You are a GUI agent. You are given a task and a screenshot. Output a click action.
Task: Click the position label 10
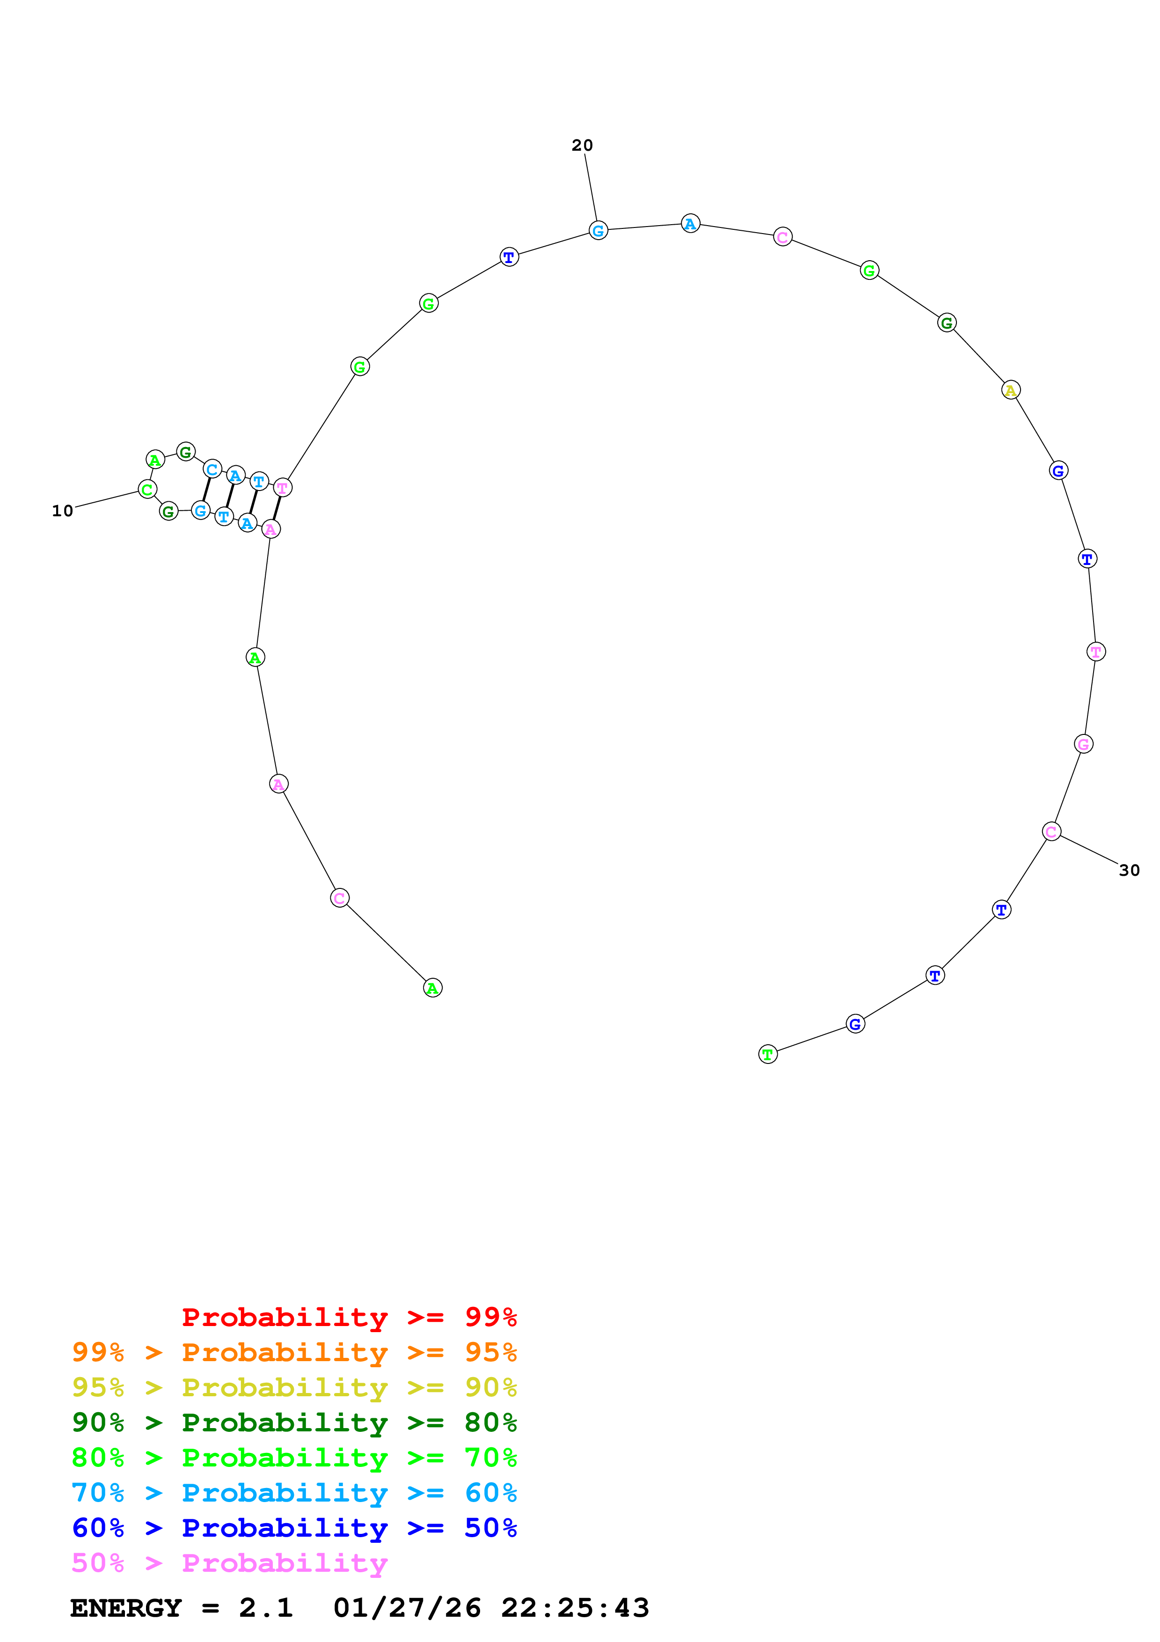point(62,511)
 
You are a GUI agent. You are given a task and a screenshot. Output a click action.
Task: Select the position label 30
point(1129,870)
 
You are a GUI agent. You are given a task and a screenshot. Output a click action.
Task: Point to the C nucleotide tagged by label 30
point(1051,832)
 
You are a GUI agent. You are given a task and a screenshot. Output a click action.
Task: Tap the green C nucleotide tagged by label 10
point(147,490)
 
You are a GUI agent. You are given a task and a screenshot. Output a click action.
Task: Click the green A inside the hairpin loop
point(155,460)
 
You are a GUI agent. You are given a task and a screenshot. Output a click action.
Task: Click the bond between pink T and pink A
point(277,508)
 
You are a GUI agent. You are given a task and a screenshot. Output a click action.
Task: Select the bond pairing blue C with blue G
point(206,490)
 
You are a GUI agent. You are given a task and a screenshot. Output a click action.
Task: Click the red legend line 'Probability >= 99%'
point(349,1317)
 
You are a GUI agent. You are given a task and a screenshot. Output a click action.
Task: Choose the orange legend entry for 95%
point(294,1352)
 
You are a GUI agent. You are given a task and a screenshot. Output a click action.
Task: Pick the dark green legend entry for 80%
point(294,1422)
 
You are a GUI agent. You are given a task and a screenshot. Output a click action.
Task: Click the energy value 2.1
point(266,1608)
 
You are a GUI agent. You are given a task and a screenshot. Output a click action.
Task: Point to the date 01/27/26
point(407,1608)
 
